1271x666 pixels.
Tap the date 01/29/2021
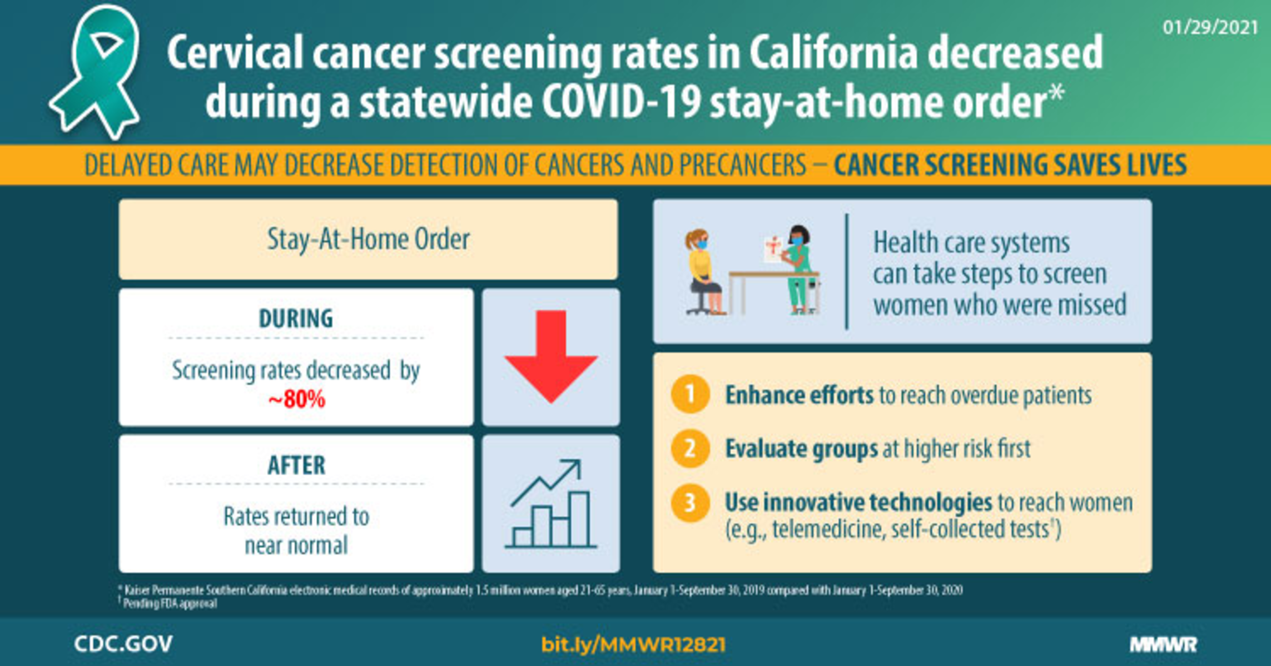[1210, 27]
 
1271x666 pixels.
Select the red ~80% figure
[296, 399]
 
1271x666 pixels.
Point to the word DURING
[296, 319]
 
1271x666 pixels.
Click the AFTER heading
[296, 465]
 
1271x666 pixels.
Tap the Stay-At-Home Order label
[368, 239]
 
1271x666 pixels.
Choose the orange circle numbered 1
[690, 394]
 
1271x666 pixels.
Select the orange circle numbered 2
[690, 448]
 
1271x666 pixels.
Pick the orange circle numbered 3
[690, 503]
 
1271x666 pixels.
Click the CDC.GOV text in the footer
[123, 644]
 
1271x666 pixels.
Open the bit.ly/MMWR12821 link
[633, 644]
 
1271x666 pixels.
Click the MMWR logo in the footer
[1163, 644]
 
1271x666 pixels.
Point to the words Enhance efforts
[799, 395]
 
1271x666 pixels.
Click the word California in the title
[834, 53]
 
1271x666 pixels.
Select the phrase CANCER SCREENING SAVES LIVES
[1010, 165]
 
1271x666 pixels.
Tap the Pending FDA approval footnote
[170, 603]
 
